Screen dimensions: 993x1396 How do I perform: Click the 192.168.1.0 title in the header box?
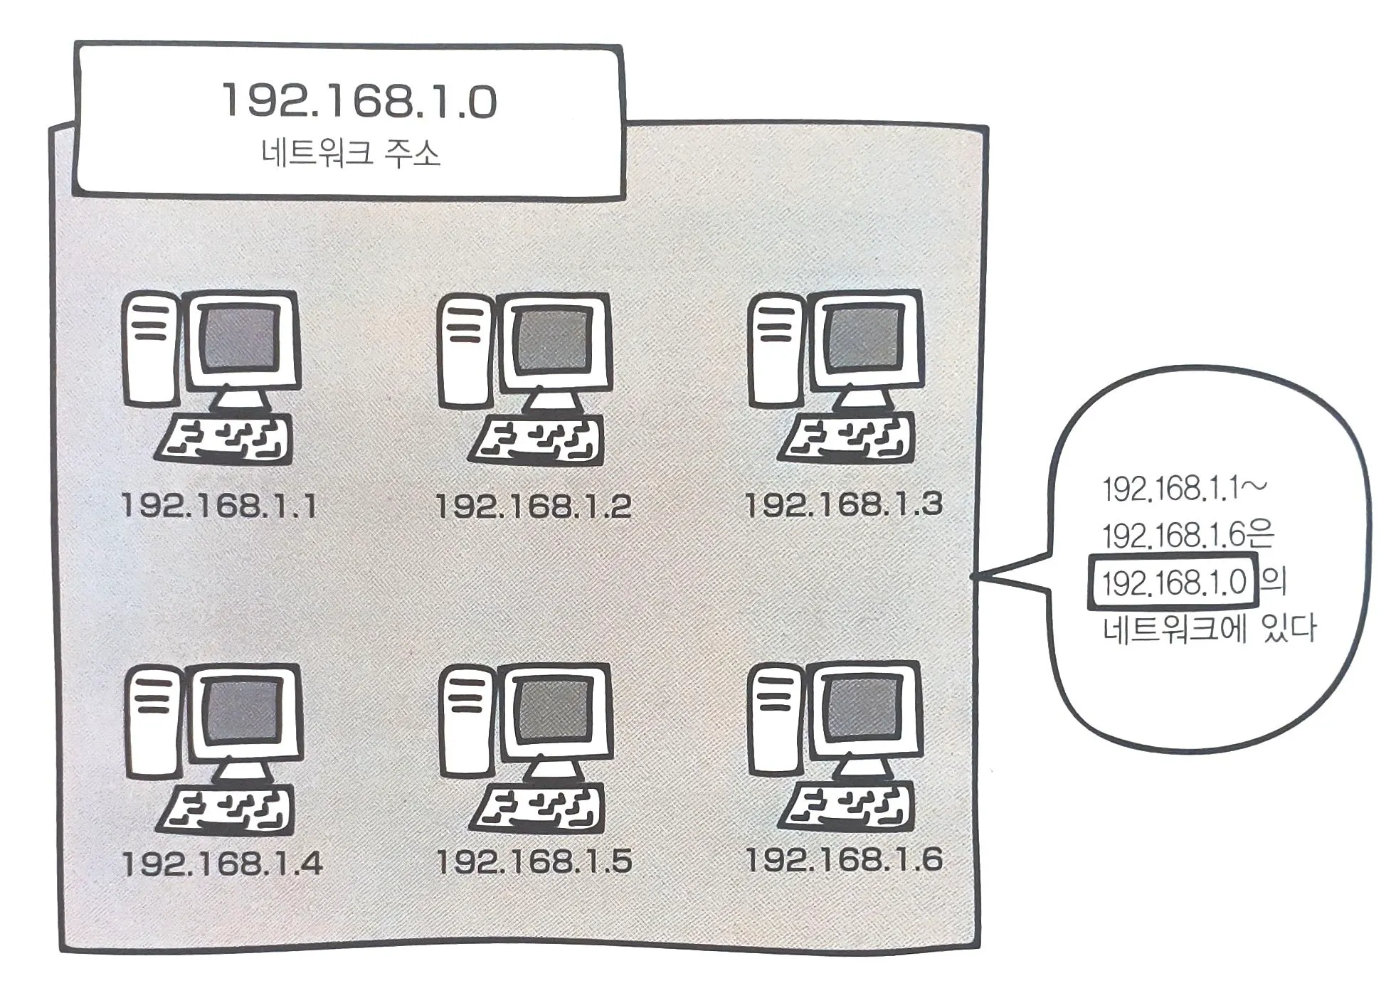(x=359, y=102)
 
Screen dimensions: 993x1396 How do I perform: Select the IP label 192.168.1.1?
(x=219, y=506)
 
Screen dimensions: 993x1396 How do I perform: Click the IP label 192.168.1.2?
(x=534, y=506)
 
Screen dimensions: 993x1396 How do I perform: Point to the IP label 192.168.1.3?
(x=844, y=504)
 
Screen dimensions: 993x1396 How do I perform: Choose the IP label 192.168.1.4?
(x=222, y=864)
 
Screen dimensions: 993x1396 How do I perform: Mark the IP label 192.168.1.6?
(x=844, y=859)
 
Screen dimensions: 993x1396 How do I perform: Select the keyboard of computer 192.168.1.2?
(x=537, y=439)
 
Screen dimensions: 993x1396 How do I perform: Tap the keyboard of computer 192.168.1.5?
(x=537, y=809)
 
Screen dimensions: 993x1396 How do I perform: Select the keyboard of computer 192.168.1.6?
(x=847, y=807)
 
